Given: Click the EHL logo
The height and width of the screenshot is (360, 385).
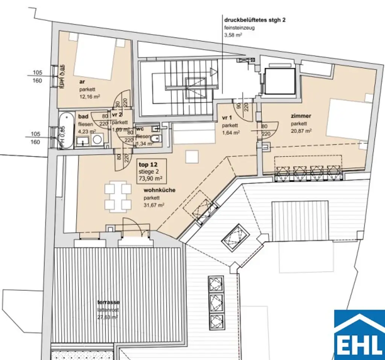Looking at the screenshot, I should [x=359, y=333].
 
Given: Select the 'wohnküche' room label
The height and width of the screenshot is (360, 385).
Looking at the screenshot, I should [x=159, y=190].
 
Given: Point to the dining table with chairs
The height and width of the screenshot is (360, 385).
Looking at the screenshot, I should [x=118, y=196].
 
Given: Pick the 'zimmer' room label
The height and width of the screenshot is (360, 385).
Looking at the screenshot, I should [x=300, y=116].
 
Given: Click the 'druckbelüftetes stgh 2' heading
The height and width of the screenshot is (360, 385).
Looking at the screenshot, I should [x=255, y=20].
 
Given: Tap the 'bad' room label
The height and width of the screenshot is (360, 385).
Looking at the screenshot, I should [x=83, y=117].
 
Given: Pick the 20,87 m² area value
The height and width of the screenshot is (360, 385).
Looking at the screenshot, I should [x=301, y=131].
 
